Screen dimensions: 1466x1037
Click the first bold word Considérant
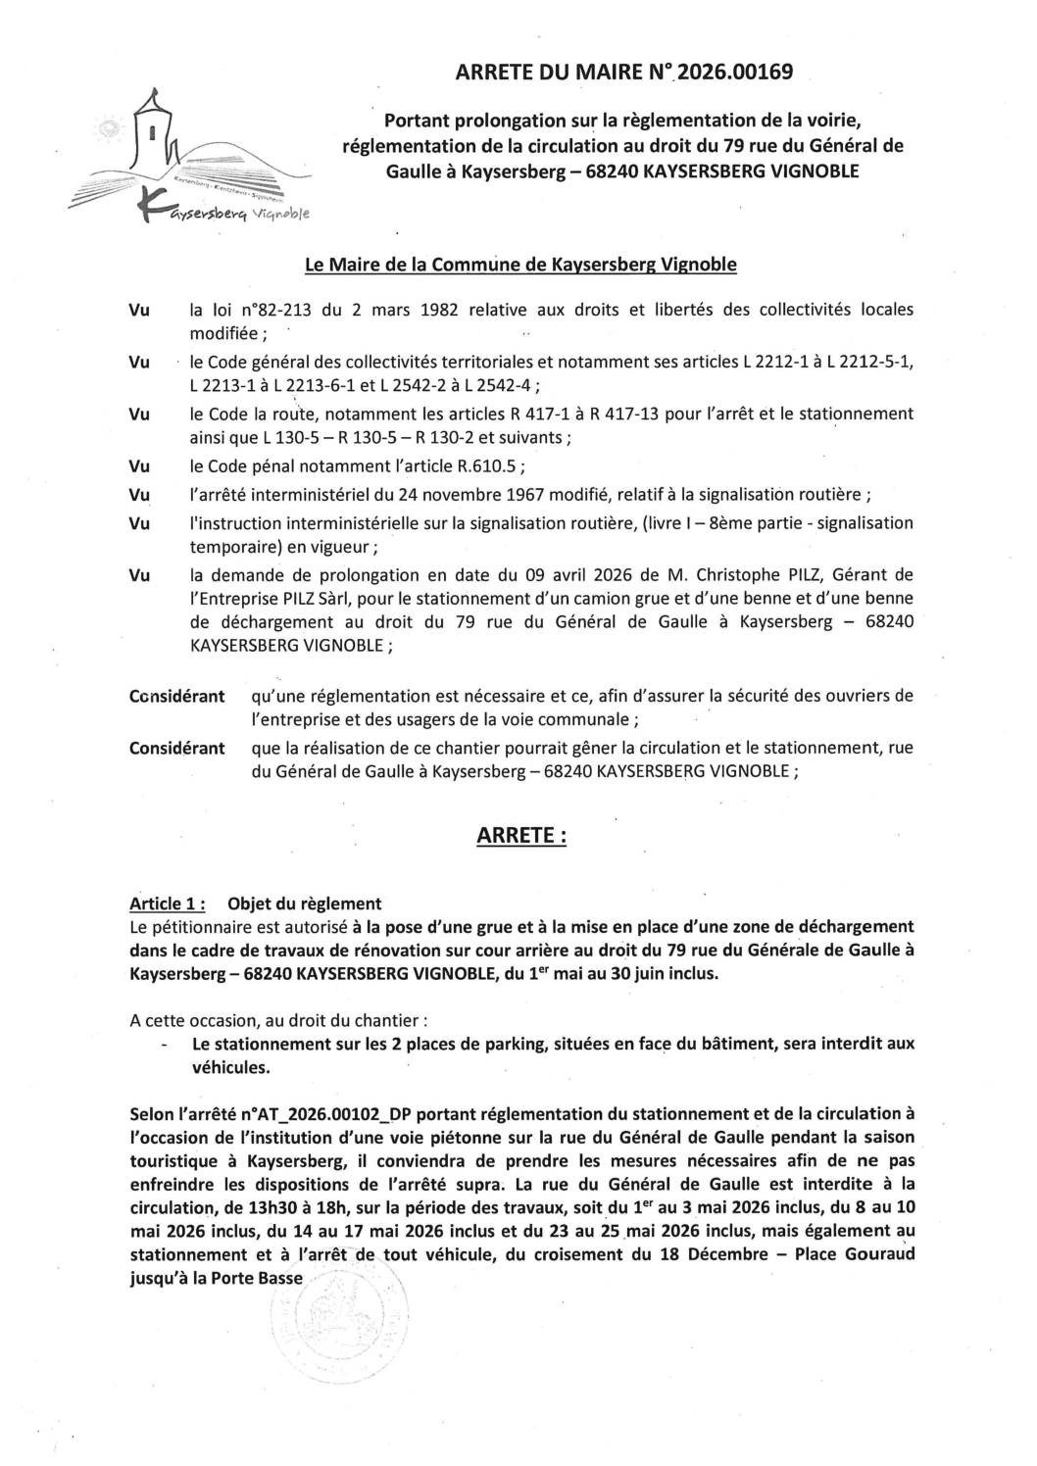click(176, 696)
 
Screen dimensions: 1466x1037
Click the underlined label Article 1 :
click(168, 903)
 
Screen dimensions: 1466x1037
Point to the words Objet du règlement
click(304, 903)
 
